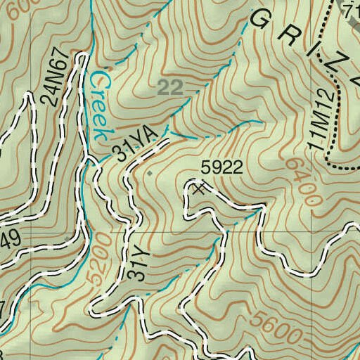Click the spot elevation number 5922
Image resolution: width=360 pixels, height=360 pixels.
click(x=221, y=167)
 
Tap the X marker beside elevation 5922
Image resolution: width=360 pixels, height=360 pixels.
click(x=200, y=188)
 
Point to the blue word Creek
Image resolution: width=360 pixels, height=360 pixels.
click(x=100, y=105)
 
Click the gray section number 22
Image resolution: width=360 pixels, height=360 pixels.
click(x=170, y=87)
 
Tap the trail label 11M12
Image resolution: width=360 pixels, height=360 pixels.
click(x=319, y=126)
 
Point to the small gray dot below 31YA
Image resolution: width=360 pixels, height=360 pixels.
click(x=149, y=171)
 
